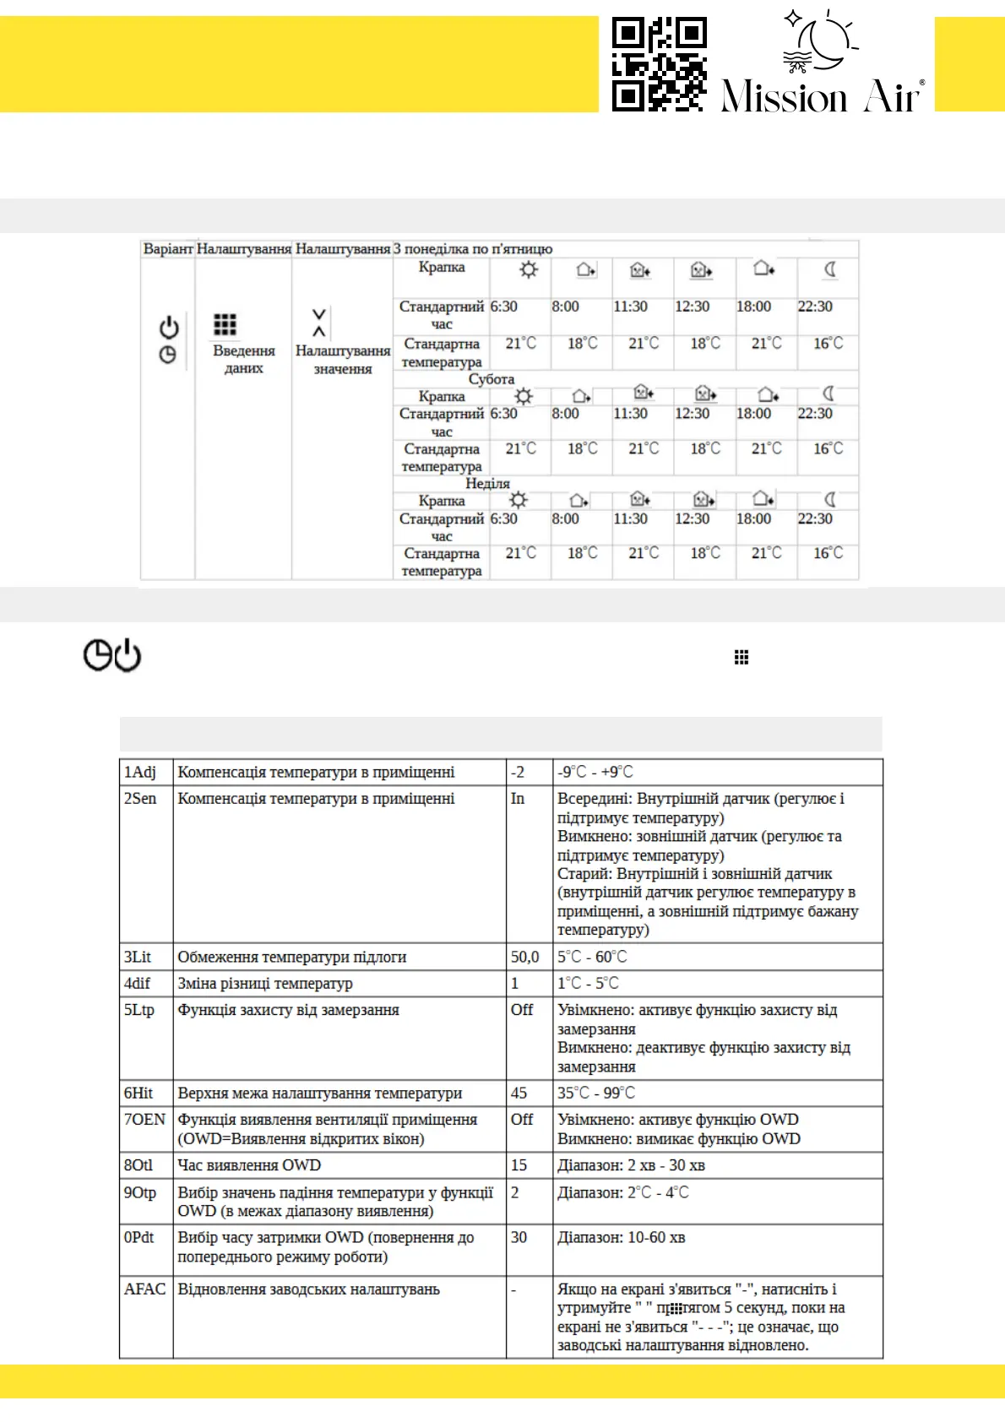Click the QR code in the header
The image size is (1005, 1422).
pyautogui.click(x=659, y=64)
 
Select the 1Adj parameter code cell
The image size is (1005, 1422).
pyautogui.click(x=140, y=772)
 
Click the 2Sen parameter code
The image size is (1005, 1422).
pyautogui.click(x=140, y=798)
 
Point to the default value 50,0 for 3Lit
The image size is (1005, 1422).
pyautogui.click(x=524, y=957)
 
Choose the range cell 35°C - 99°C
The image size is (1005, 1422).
pyautogui.click(x=596, y=1093)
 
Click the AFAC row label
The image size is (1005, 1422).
pyautogui.click(x=144, y=1289)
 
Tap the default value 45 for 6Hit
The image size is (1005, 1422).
pyautogui.click(x=519, y=1093)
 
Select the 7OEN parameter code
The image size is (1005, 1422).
pyautogui.click(x=144, y=1119)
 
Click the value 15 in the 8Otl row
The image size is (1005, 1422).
pyautogui.click(x=519, y=1165)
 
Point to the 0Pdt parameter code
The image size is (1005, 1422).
pyautogui.click(x=139, y=1237)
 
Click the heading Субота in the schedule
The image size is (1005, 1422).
pyautogui.click(x=492, y=379)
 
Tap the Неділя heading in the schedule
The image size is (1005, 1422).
pyautogui.click(x=487, y=484)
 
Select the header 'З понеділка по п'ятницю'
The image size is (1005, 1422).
pyautogui.click(x=473, y=249)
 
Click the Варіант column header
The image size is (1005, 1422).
pyautogui.click(x=168, y=249)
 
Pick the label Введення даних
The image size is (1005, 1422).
pyautogui.click(x=243, y=359)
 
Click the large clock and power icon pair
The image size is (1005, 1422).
pyautogui.click(x=112, y=655)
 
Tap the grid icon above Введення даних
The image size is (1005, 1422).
pyautogui.click(x=225, y=324)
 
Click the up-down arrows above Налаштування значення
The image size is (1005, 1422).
pyautogui.click(x=319, y=323)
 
